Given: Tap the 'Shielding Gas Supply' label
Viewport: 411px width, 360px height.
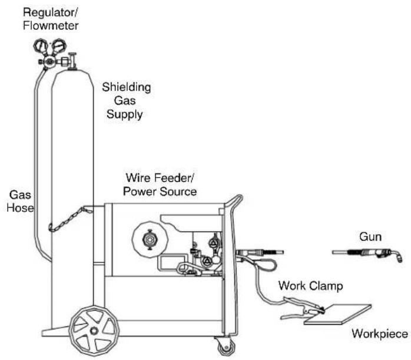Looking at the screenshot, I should pyautogui.click(x=126, y=101).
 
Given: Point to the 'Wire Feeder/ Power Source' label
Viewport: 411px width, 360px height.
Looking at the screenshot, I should pyautogui.click(x=161, y=184).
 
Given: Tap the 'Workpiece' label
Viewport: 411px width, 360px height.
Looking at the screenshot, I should pyautogui.click(x=379, y=334).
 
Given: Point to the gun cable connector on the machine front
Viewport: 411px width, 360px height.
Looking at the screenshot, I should pyautogui.click(x=243, y=254).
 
